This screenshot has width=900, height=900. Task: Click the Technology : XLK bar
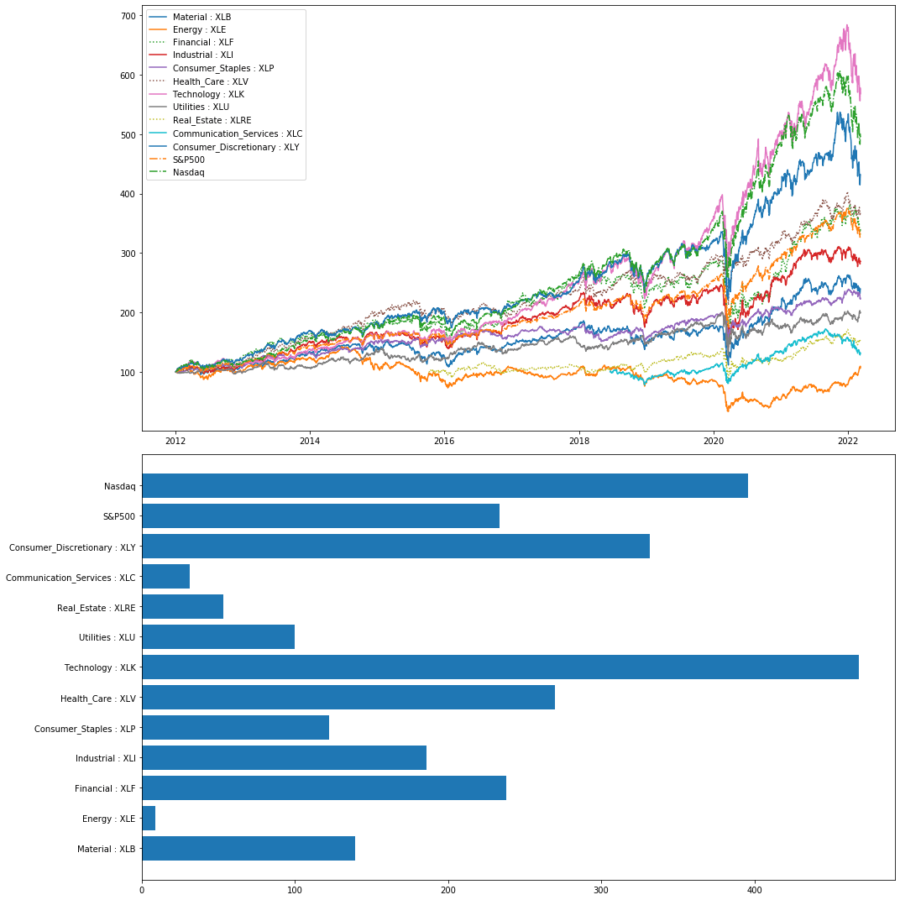click(500, 667)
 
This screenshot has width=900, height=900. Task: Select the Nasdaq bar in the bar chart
click(444, 486)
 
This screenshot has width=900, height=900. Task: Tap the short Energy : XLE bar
click(149, 819)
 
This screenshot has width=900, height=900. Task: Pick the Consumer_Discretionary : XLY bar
click(395, 547)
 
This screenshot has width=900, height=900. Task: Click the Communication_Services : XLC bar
click(165, 577)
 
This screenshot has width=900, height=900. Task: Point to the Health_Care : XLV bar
click(348, 698)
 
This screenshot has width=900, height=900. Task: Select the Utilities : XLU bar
click(218, 637)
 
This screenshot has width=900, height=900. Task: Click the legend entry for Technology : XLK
click(207, 95)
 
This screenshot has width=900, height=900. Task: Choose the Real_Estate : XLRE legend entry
click(212, 121)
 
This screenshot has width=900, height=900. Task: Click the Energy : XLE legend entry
click(199, 30)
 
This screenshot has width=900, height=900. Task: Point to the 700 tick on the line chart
click(128, 16)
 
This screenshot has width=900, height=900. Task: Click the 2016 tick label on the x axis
click(444, 440)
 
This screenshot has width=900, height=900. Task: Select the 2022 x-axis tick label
click(847, 440)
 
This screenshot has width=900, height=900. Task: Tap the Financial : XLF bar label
click(105, 789)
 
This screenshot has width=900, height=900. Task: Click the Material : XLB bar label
click(107, 850)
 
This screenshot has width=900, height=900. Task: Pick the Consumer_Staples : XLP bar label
click(85, 729)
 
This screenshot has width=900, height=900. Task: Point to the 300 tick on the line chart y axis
click(128, 254)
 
